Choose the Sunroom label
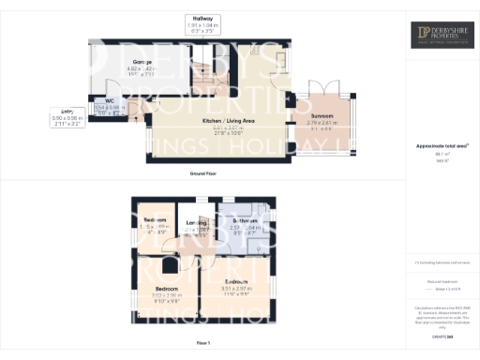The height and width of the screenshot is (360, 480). click(x=322, y=115)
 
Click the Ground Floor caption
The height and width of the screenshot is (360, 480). click(x=202, y=174)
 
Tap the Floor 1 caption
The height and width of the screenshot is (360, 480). click(x=202, y=343)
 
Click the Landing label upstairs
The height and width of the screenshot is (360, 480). click(x=197, y=223)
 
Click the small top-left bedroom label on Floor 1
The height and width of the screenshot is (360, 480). click(x=153, y=221)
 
